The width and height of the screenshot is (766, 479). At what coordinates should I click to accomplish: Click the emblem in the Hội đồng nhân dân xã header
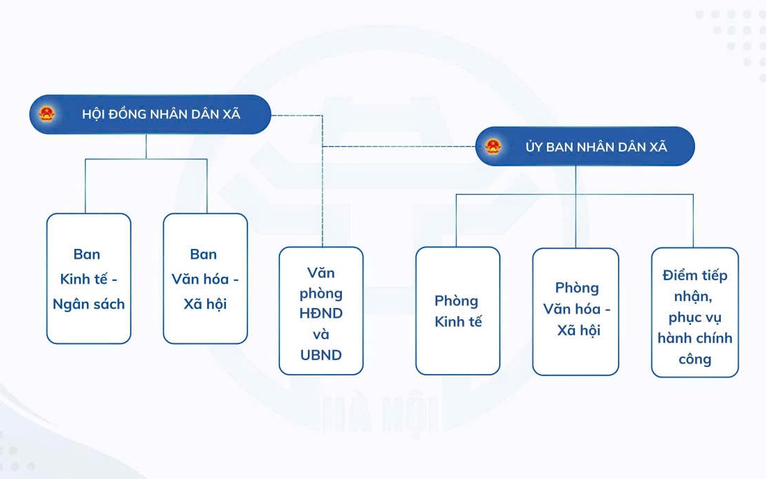(x=47, y=114)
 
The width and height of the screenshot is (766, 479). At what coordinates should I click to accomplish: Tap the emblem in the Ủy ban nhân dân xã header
(x=494, y=146)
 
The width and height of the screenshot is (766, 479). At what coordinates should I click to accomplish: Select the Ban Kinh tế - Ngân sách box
(x=88, y=279)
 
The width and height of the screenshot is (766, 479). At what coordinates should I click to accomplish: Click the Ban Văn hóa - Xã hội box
(x=205, y=279)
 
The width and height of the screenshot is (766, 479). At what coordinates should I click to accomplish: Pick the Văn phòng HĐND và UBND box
(x=321, y=311)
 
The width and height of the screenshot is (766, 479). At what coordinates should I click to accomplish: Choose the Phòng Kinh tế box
(x=458, y=311)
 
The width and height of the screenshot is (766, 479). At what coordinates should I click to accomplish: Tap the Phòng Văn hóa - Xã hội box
(x=576, y=312)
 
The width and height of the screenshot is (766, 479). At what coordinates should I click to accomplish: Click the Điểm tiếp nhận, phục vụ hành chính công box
(x=694, y=312)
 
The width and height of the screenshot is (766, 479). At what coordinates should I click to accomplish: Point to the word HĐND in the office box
(x=321, y=314)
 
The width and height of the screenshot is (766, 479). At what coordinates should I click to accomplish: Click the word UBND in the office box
(x=321, y=355)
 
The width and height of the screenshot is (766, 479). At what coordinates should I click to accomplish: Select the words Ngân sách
(x=88, y=305)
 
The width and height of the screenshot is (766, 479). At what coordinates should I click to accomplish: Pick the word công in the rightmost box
(x=694, y=359)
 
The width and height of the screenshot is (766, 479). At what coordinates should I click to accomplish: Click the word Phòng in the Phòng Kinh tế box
(x=456, y=301)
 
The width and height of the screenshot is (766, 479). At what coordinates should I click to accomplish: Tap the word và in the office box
(x=321, y=334)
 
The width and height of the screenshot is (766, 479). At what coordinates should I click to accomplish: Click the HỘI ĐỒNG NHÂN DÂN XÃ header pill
(x=150, y=115)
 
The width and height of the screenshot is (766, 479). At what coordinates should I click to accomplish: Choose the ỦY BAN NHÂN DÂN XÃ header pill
(x=585, y=146)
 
